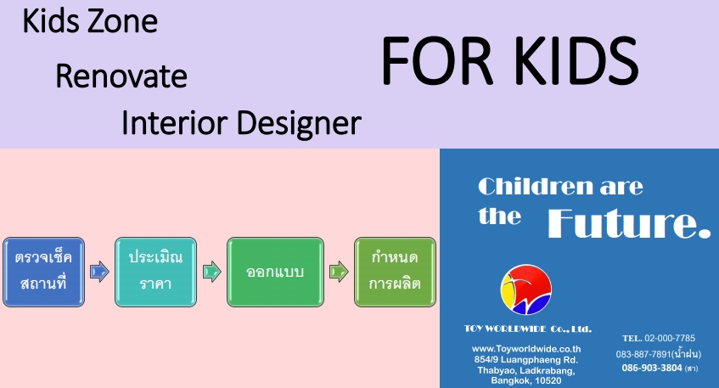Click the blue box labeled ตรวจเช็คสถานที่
(43, 272)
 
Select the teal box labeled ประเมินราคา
(155, 272)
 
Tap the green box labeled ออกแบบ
(275, 272)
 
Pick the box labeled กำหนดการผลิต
(395, 272)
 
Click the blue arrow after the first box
(99, 272)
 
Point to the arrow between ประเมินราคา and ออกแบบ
(212, 272)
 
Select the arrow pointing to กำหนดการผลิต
(339, 272)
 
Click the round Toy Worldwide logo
(526, 290)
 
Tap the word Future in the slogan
(629, 223)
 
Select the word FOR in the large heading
(437, 61)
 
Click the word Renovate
(121, 76)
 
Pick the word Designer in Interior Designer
(300, 124)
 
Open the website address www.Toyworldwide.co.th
(526, 349)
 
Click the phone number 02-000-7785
(670, 338)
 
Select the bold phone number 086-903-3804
(652, 368)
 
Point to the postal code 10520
(548, 380)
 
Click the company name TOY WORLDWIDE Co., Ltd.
(528, 329)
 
